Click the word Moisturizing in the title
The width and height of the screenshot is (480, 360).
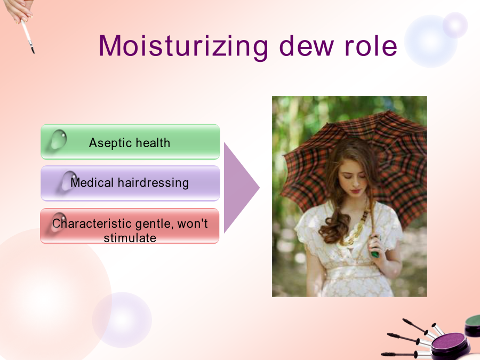coord(183,46)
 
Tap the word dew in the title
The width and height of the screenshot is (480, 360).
coord(307,46)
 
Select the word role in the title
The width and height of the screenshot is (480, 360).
coord(371,46)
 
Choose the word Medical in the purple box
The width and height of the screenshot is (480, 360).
coord(92,182)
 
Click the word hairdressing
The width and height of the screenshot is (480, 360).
coord(154,183)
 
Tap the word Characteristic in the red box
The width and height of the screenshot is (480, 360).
coord(92,223)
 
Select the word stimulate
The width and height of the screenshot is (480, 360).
coord(130,238)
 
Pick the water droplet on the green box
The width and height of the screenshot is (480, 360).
coord(59,139)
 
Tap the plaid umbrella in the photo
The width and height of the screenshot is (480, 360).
coord(355,159)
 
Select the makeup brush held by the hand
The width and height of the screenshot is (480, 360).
coord(28,36)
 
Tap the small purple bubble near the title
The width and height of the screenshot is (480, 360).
coord(455,25)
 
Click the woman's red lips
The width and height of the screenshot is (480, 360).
coord(355,191)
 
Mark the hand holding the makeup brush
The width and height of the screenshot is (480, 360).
coord(18,11)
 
